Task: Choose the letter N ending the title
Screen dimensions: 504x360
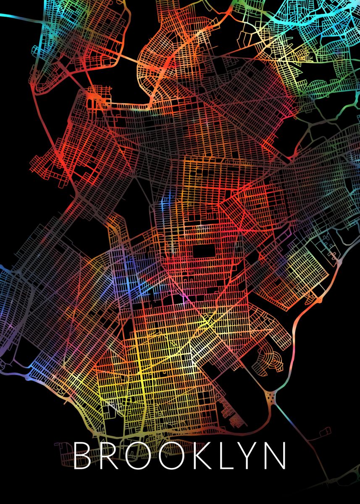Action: click(277, 456)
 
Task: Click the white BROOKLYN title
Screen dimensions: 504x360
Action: click(180, 456)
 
